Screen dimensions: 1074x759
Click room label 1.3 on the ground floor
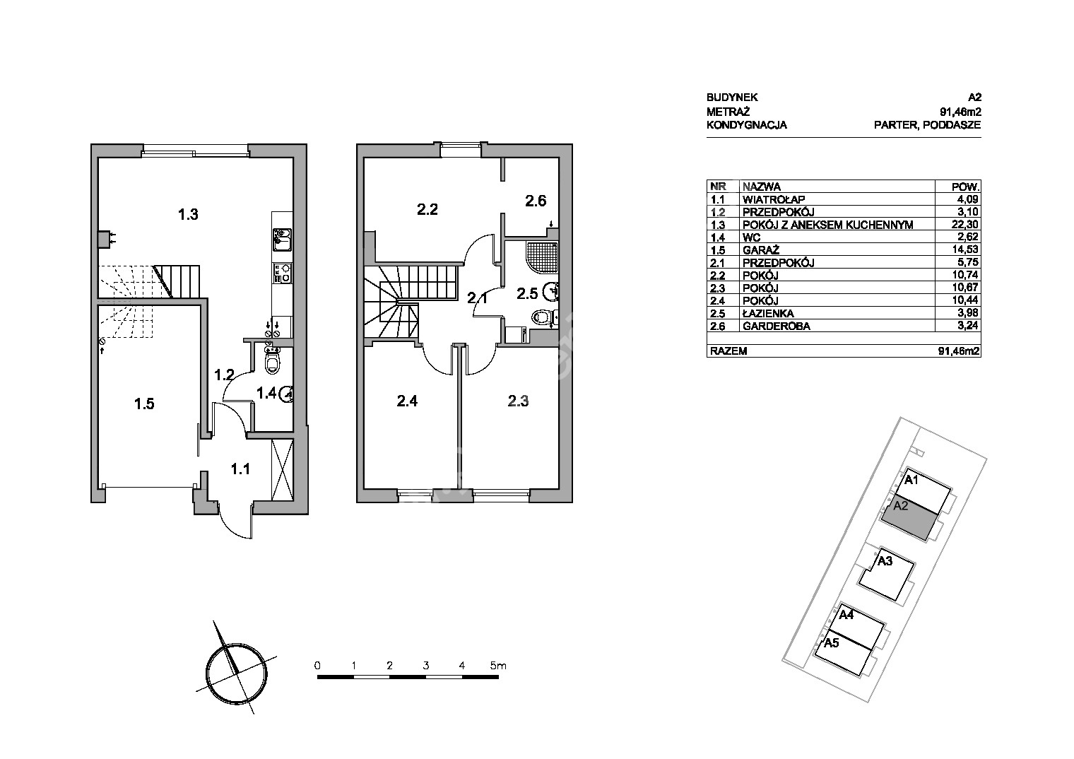point(188,214)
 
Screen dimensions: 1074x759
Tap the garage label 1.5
point(144,404)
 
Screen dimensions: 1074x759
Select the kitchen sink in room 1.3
point(282,240)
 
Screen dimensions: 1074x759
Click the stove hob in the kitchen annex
point(282,273)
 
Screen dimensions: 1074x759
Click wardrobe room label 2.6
point(536,201)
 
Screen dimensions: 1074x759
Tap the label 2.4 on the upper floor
point(407,401)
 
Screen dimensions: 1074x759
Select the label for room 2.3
point(519,401)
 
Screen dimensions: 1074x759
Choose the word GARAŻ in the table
point(761,249)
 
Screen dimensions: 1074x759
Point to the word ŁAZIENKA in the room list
point(768,314)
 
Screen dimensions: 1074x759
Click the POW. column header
point(965,187)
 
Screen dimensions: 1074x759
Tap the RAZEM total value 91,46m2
point(959,351)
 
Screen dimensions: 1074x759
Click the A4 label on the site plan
point(846,615)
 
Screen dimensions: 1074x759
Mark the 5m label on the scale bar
point(498,666)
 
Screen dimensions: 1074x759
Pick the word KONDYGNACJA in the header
point(747,125)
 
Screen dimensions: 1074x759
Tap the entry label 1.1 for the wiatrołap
point(240,469)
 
